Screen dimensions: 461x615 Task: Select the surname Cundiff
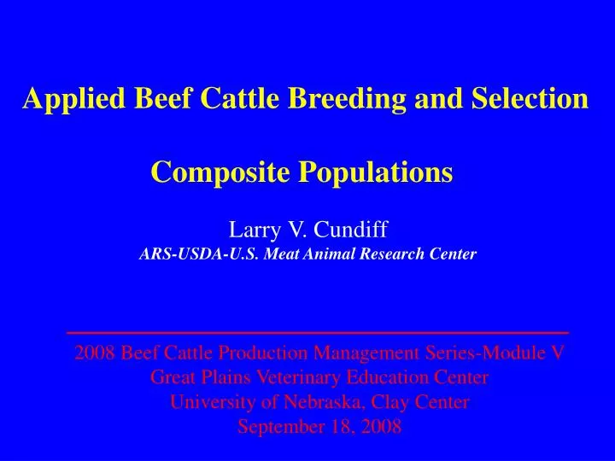(350, 230)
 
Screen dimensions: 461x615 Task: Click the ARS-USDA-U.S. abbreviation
(193, 254)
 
